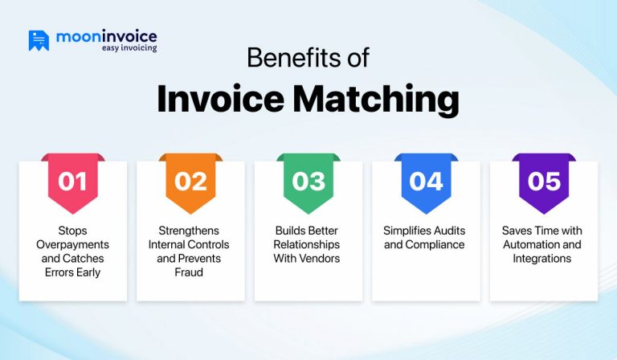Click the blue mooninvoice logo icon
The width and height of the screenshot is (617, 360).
tap(39, 40)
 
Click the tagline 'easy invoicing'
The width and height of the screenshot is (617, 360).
tap(129, 48)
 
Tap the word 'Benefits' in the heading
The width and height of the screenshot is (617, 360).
tap(283, 59)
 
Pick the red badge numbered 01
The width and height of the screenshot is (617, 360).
tap(72, 182)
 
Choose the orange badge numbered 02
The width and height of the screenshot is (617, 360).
tap(190, 182)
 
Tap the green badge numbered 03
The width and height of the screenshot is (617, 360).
tap(308, 182)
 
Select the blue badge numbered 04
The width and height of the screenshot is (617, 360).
tap(426, 182)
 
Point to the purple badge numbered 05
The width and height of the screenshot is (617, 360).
tap(544, 182)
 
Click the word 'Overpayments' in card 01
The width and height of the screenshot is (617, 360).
tap(72, 244)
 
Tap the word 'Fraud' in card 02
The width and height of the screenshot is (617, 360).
tap(190, 272)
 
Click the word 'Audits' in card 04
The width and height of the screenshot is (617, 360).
tap(447, 231)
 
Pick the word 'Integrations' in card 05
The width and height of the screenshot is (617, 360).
tap(544, 258)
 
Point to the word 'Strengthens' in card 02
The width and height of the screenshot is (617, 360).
tap(190, 231)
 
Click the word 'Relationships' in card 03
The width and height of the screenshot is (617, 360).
tap(308, 244)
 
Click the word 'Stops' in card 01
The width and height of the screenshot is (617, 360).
tap(72, 231)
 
